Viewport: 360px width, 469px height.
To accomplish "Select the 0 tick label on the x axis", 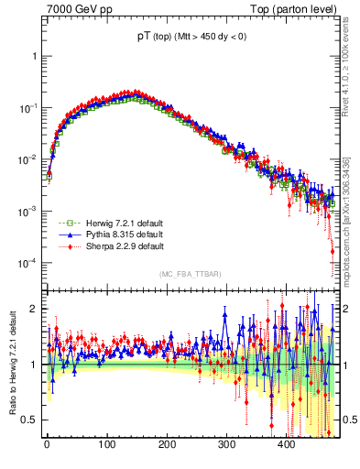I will click(47, 444).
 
